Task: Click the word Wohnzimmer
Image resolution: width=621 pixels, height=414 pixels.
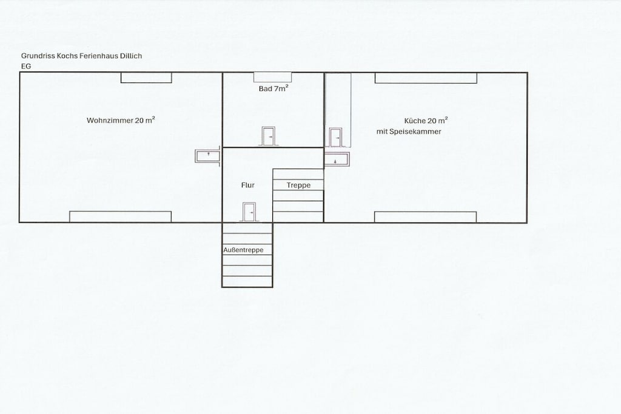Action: tap(110, 121)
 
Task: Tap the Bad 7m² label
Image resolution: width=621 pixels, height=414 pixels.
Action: tap(274, 88)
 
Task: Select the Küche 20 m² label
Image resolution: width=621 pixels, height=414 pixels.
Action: tap(426, 121)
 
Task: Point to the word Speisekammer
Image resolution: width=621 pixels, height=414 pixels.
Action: tap(415, 132)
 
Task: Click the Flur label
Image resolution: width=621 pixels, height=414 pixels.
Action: tap(248, 185)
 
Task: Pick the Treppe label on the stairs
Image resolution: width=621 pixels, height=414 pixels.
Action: tap(298, 185)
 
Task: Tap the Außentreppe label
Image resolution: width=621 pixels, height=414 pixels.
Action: tap(243, 250)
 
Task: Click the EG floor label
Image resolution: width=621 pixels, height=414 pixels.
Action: tap(26, 67)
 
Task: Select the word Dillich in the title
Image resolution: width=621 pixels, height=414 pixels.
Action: tap(132, 56)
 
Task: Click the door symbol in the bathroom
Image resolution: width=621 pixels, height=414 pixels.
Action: tap(269, 136)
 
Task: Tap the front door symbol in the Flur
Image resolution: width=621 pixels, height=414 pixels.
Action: tap(249, 212)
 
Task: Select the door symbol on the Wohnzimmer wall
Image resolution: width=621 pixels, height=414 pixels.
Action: tap(208, 156)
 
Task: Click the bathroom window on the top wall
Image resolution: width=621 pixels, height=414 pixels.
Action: tap(273, 77)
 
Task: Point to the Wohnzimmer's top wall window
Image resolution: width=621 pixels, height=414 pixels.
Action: tap(146, 78)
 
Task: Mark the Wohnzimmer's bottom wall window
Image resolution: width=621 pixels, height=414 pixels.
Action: tap(121, 216)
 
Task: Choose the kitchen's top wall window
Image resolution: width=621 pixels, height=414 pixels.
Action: tap(426, 78)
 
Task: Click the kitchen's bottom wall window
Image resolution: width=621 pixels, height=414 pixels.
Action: tap(425, 217)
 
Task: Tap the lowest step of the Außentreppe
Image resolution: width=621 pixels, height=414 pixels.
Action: tap(247, 282)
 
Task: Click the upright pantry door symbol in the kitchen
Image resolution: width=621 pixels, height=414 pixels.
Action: tap(335, 138)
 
